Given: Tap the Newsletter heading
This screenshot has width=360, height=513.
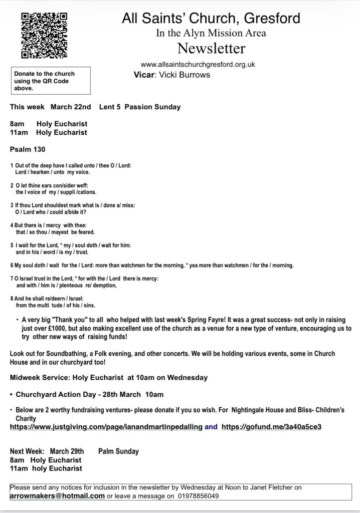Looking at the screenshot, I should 211,49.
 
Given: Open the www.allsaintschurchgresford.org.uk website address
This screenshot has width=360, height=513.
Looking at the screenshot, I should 199,65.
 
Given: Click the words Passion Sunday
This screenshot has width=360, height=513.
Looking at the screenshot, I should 159,107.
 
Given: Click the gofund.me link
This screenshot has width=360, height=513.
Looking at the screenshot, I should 271,427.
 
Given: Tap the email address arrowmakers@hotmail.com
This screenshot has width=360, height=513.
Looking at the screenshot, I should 57,496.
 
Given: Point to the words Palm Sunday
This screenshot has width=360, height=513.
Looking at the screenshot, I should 118,451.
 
